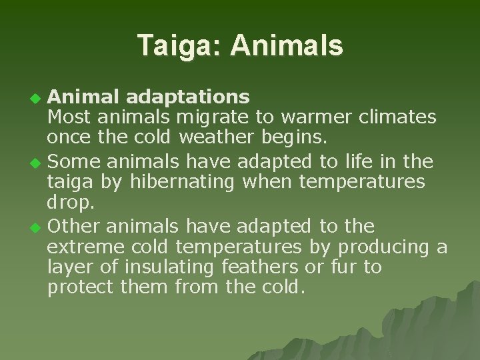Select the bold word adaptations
188,97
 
